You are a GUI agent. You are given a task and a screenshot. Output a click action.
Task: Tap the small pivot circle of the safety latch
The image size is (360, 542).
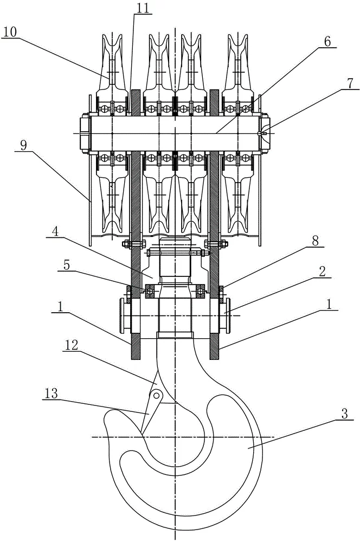[156, 394]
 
